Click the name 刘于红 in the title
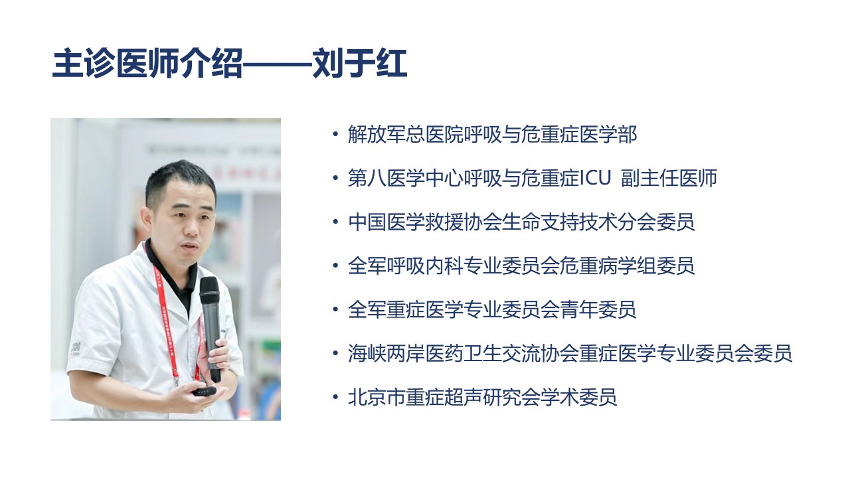point(360,64)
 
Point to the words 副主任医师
point(669,178)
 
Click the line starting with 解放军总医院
point(492,135)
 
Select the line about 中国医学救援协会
point(521,222)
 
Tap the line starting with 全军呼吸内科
point(521,266)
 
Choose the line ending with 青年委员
point(492,309)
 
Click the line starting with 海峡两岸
point(570,353)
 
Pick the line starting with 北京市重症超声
point(483,397)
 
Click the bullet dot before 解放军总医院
point(335,135)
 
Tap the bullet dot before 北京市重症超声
point(335,398)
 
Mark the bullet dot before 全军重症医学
point(335,310)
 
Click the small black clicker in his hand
point(204,390)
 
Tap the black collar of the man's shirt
point(159,266)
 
